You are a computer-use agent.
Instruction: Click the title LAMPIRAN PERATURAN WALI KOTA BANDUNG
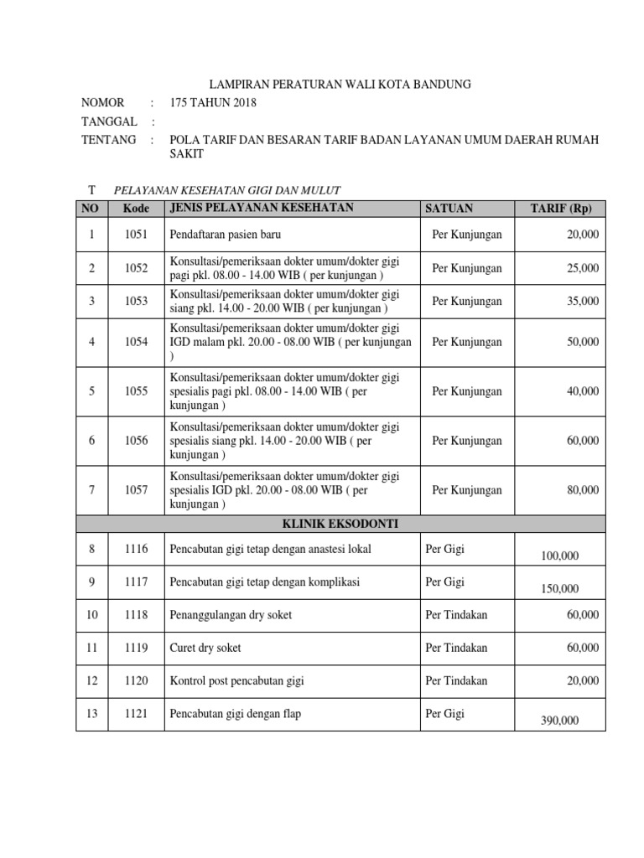pos(339,84)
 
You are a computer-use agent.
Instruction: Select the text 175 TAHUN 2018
pos(213,103)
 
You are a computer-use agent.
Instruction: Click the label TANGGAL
pos(108,121)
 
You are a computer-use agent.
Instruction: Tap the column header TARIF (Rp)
pos(560,209)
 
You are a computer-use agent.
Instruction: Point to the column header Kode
pos(136,209)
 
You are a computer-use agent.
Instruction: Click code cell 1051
pos(136,235)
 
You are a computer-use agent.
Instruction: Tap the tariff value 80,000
pos(582,490)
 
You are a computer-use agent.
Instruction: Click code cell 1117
pos(136,582)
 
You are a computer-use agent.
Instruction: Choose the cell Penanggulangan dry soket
pos(231,615)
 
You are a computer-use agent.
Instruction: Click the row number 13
pos(91,714)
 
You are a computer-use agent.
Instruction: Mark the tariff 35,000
pos(582,301)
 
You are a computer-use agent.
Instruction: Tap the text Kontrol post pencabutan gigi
pos(236,681)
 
